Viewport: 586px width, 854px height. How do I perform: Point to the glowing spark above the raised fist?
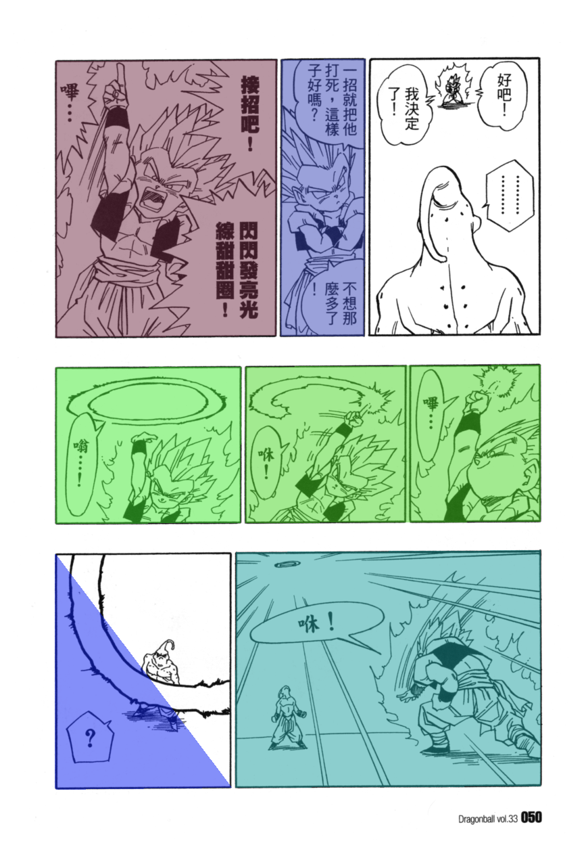495,382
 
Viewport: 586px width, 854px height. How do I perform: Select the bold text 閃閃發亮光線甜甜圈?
237,270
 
